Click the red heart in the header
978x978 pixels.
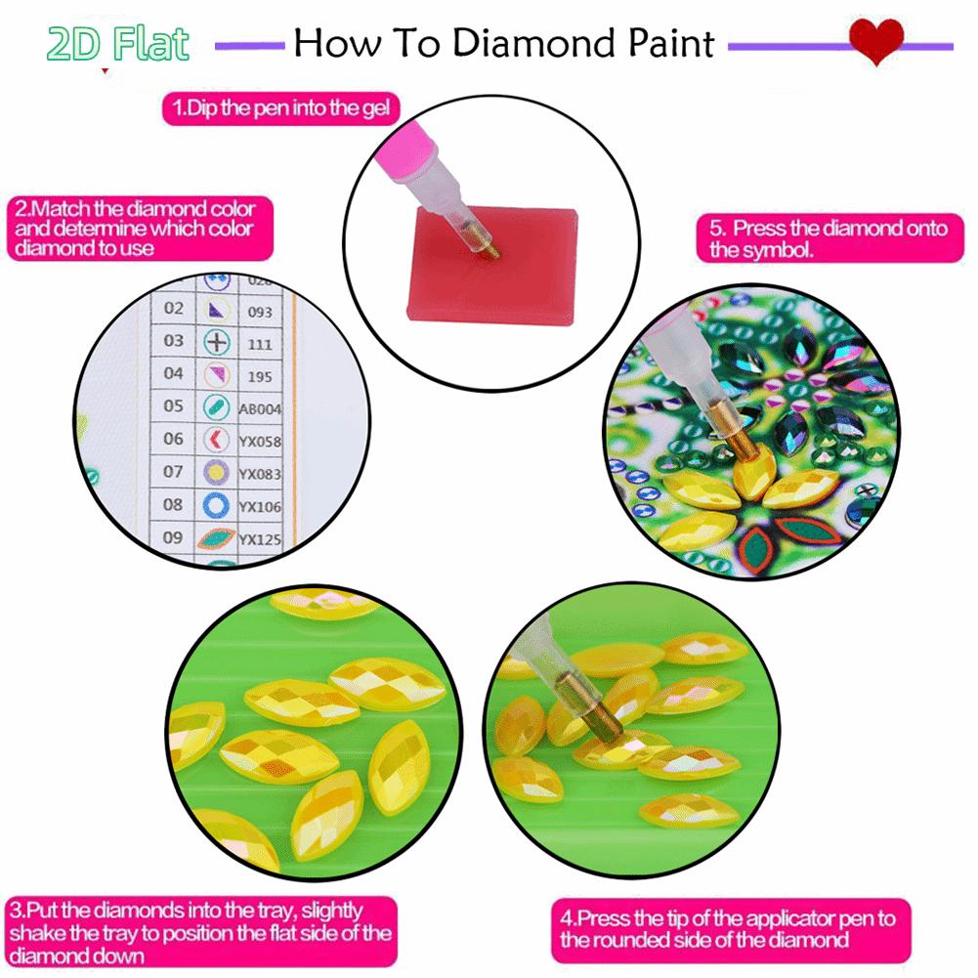click(874, 42)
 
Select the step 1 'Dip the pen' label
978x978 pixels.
click(281, 107)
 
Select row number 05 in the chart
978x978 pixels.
click(173, 405)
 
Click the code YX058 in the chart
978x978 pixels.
click(260, 441)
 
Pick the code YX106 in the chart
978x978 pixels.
click(260, 505)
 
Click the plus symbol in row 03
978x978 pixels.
click(216, 342)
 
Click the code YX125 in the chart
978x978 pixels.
click(260, 538)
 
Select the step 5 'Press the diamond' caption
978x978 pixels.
click(829, 239)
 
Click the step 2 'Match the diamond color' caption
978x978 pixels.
click(135, 229)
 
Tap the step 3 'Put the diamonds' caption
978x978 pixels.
click(199, 933)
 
